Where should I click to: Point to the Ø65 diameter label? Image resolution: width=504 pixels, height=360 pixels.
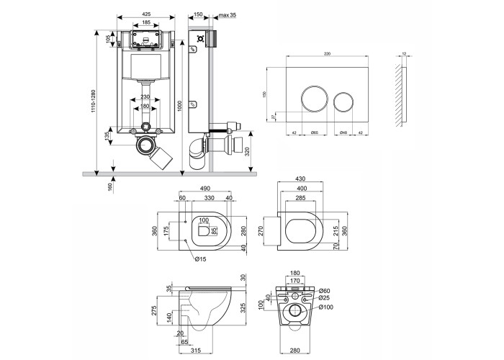pyautogui.click(x=315, y=132)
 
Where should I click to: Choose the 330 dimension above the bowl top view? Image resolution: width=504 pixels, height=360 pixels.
pyautogui.click(x=209, y=199)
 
